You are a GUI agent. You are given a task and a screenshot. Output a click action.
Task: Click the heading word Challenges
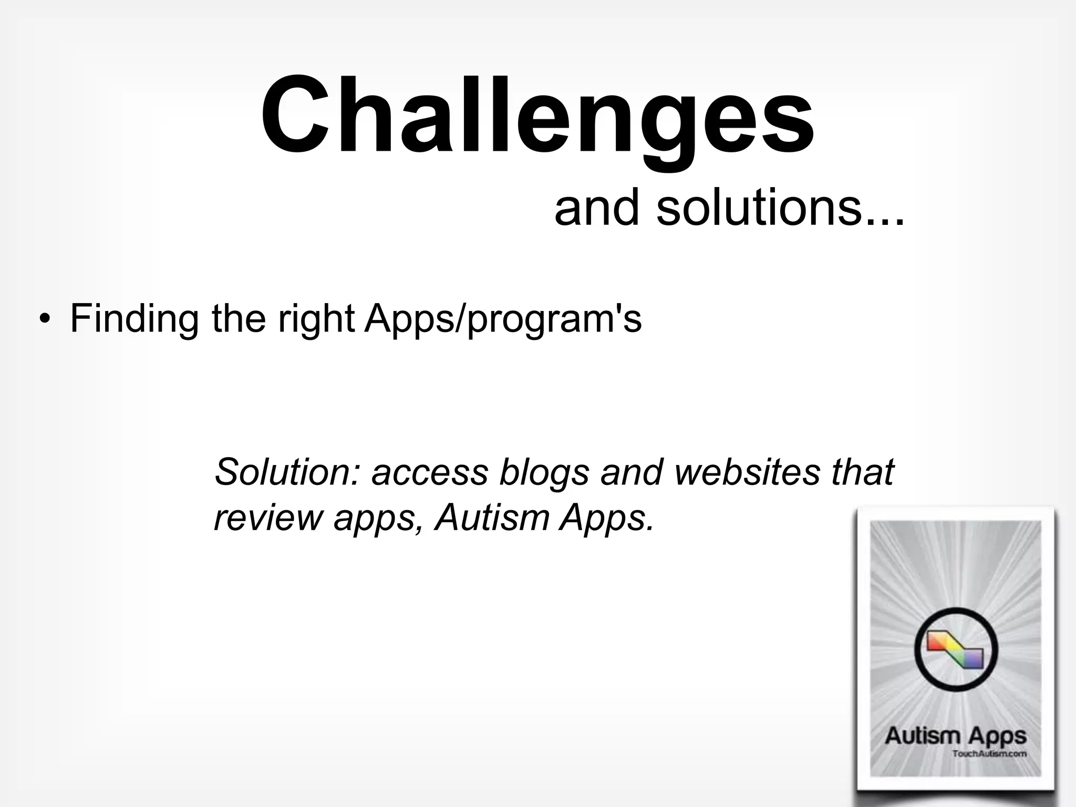(537, 116)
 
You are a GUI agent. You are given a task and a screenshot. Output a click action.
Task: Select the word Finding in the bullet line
(134, 319)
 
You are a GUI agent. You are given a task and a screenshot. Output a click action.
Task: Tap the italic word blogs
(544, 472)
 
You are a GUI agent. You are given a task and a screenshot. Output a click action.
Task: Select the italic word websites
(747, 471)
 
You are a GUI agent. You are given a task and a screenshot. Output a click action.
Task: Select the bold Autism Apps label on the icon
(955, 736)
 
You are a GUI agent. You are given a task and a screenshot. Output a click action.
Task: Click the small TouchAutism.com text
(989, 754)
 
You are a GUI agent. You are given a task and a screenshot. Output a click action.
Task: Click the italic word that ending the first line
(862, 471)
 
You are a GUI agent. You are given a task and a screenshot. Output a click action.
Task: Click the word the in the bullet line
(239, 318)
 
